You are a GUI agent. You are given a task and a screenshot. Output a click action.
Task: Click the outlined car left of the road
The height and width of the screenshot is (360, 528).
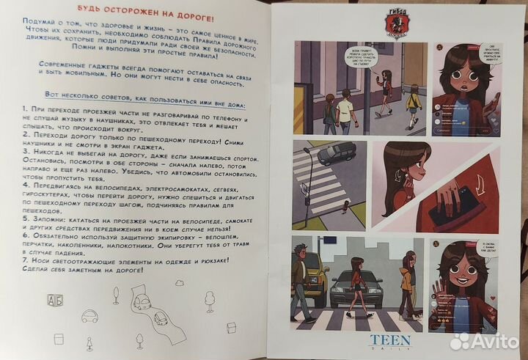click(x=90, y=317)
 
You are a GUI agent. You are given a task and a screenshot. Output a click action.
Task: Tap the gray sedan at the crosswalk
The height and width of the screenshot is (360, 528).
click(x=356, y=290)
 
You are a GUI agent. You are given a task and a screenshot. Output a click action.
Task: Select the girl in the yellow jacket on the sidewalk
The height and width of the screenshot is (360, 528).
click(x=414, y=104)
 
